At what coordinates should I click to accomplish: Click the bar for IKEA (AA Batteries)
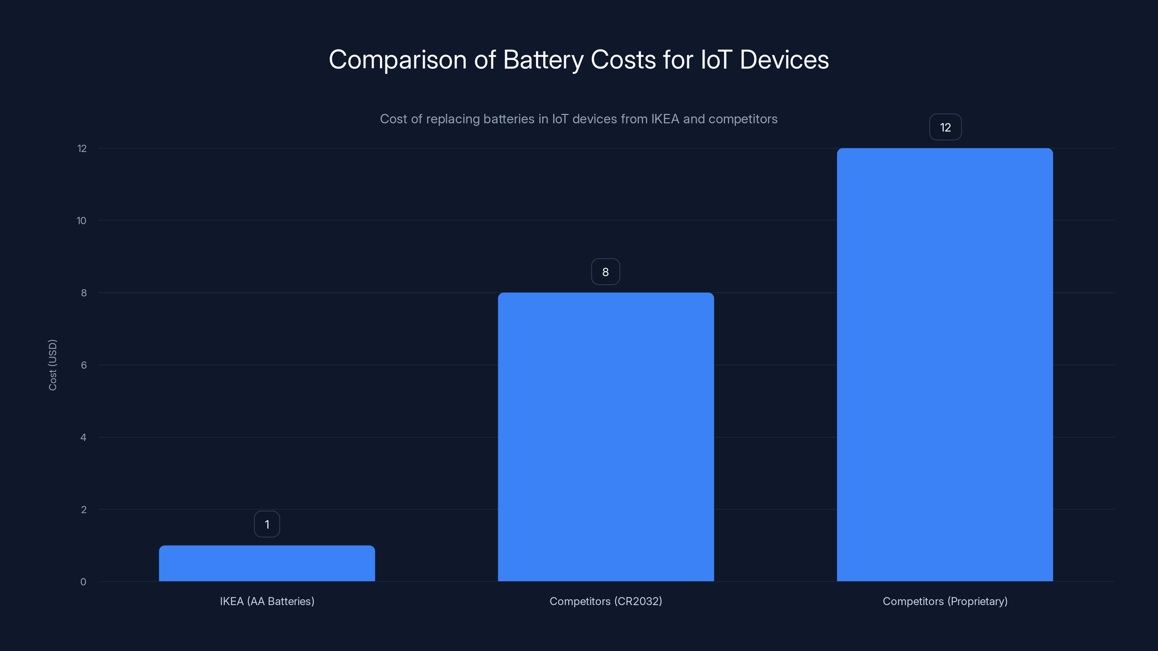coord(267,563)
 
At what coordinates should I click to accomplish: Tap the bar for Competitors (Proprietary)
coord(944,364)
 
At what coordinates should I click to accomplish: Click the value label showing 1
coord(267,524)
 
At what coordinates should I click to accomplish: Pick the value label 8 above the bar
coord(605,272)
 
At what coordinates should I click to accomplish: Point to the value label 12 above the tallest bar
coord(945,128)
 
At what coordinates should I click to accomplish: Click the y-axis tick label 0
coord(83,582)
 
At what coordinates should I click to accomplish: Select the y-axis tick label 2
coord(84,510)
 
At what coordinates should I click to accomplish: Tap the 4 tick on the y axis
coord(83,437)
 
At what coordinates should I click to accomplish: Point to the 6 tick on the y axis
coord(84,365)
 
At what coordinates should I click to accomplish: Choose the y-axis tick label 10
coord(81,221)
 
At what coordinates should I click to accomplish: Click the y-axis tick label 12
coord(82,148)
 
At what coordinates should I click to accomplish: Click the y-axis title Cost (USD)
coord(52,365)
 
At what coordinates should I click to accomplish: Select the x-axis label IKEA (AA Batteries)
coord(267,601)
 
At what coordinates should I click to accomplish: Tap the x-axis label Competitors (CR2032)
coord(605,601)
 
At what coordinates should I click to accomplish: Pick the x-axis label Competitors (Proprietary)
coord(945,601)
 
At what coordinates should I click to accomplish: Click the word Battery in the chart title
coord(543,60)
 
